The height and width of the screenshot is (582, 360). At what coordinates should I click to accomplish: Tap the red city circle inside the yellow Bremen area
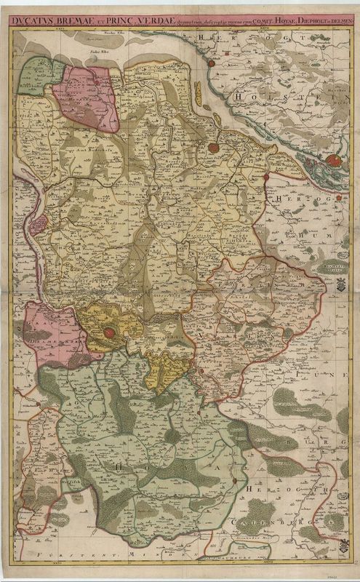pos(109,332)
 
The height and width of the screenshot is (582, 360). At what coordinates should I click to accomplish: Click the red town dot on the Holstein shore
pos(211,64)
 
